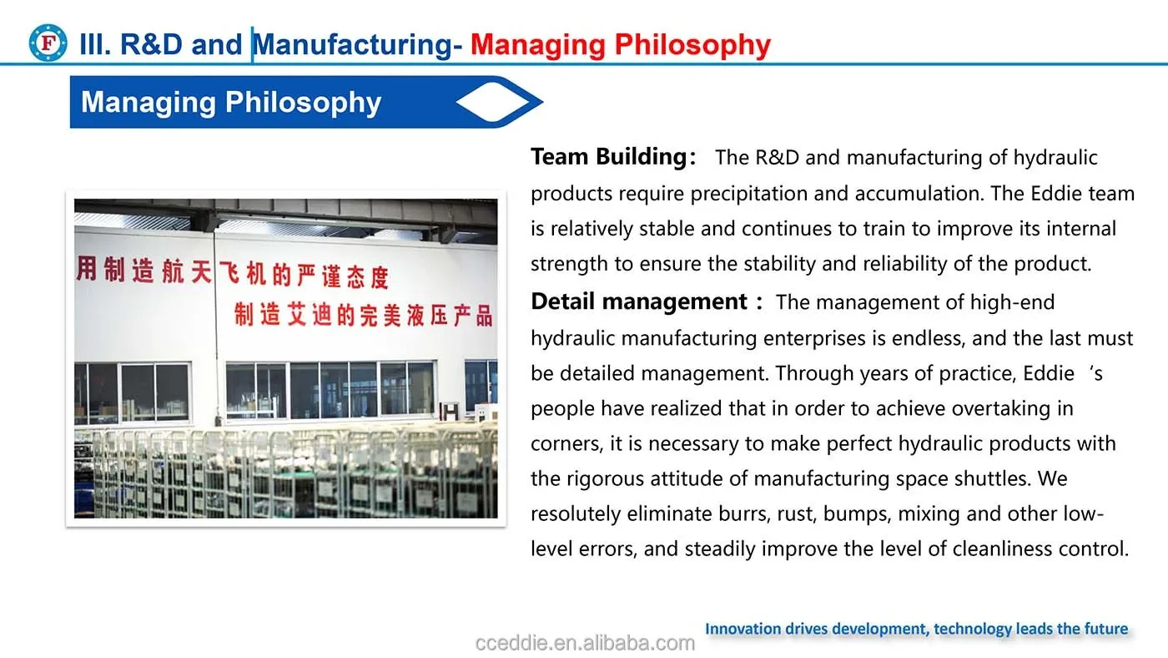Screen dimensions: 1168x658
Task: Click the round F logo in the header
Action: point(48,43)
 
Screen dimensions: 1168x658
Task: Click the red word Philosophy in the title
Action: point(692,45)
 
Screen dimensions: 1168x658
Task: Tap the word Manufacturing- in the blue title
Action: point(357,44)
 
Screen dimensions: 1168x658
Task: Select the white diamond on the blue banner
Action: point(493,102)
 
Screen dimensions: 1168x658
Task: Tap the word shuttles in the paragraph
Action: point(993,478)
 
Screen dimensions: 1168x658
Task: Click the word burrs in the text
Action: point(744,514)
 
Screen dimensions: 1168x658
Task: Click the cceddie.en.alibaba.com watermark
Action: point(585,643)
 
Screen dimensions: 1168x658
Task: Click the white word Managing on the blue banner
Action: point(149,102)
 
